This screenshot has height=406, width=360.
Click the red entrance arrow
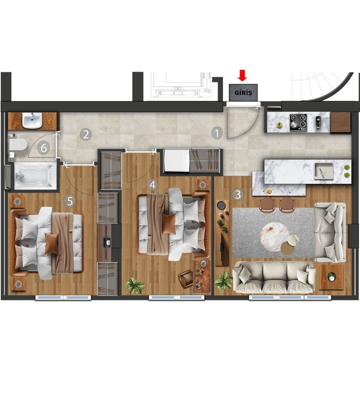point(242,75)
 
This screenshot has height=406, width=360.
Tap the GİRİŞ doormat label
point(243,93)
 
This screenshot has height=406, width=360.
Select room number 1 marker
point(217,133)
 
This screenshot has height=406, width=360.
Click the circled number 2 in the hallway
point(86,134)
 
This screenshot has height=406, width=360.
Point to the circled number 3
point(238,194)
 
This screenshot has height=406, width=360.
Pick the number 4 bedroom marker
point(152,185)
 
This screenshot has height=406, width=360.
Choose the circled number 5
point(70,201)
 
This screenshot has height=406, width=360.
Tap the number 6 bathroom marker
point(44,148)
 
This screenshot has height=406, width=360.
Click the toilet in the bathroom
point(17,145)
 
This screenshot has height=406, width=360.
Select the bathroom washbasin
point(32,121)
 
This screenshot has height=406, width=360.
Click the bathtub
point(36,176)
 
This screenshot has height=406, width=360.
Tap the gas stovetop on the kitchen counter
point(298,122)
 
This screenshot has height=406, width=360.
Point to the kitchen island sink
point(324,171)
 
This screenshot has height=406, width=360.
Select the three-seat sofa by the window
point(274,277)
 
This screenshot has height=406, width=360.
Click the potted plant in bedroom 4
point(134,285)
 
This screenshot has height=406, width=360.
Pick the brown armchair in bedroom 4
point(185,279)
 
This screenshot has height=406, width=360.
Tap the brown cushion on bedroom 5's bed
point(51,244)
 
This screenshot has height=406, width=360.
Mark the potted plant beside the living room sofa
point(224,281)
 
